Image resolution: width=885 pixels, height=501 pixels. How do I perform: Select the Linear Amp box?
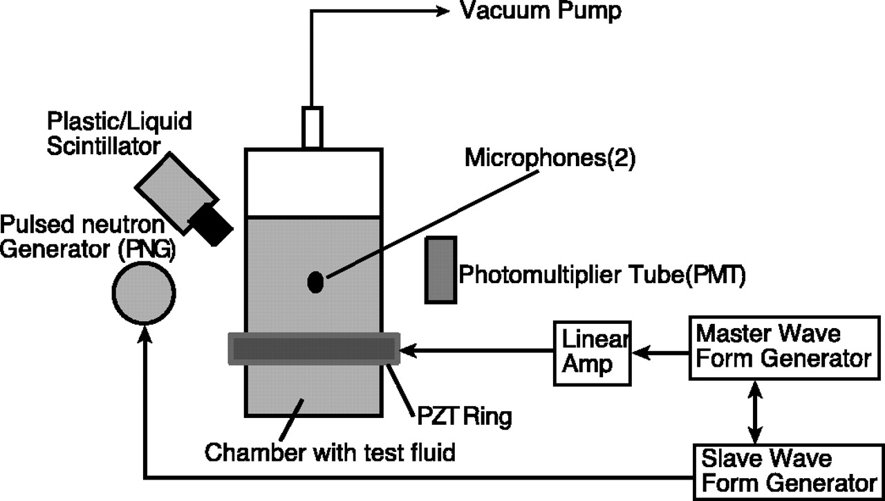click(593, 353)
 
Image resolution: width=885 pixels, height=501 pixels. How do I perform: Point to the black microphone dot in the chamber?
click(315, 282)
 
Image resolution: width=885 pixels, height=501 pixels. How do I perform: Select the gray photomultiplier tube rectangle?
click(440, 270)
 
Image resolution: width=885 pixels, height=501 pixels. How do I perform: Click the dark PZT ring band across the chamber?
click(314, 349)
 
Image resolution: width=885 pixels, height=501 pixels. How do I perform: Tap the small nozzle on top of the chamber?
click(313, 127)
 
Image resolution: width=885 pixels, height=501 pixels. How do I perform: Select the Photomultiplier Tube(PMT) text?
click(602, 276)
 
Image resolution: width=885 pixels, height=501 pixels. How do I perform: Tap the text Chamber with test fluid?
click(330, 453)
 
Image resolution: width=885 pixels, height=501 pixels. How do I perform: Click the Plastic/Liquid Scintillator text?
click(119, 133)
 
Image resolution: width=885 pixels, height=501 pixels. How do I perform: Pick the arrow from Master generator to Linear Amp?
click(661, 353)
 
